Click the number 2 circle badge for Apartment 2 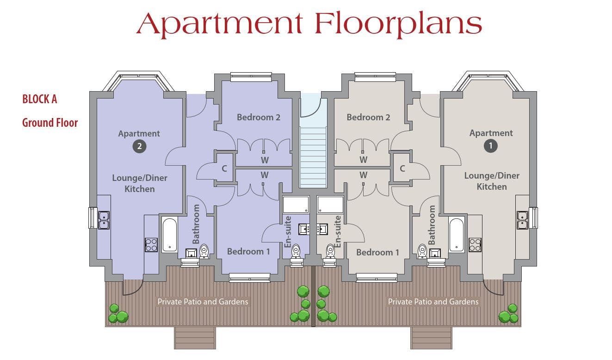click(x=139, y=146)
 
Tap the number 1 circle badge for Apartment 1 click(x=491, y=146)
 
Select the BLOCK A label click(x=40, y=99)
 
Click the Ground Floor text click(x=50, y=123)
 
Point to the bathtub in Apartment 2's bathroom click(x=170, y=235)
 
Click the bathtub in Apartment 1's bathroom click(x=456, y=235)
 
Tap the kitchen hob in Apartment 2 click(x=151, y=245)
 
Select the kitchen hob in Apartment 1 click(x=475, y=245)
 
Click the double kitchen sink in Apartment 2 click(x=104, y=220)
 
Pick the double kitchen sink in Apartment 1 click(x=522, y=220)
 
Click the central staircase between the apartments click(x=313, y=157)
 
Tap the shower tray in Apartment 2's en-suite click(x=296, y=205)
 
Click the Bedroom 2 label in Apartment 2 click(x=259, y=117)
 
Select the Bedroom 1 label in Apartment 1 click(x=377, y=252)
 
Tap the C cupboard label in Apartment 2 click(x=224, y=168)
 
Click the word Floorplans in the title click(x=398, y=24)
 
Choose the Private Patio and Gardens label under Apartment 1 click(x=433, y=302)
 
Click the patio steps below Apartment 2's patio click(x=195, y=338)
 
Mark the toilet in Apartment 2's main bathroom click(x=204, y=251)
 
